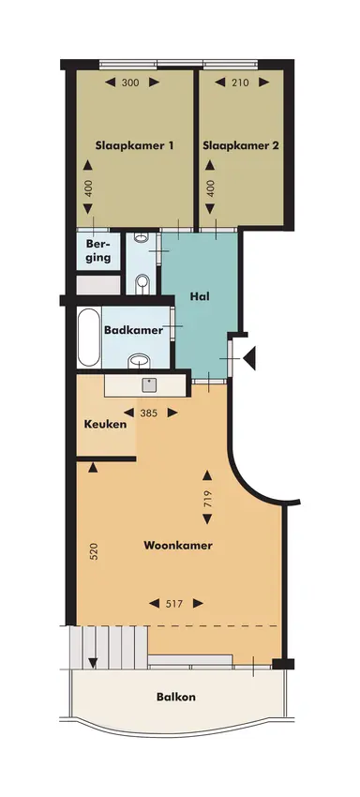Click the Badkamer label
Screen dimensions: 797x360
click(x=134, y=330)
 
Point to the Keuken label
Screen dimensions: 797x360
click(x=106, y=424)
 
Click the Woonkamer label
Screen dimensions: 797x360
click(x=177, y=545)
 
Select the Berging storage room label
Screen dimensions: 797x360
click(x=98, y=251)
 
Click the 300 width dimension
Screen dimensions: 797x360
click(x=130, y=83)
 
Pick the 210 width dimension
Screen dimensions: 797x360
click(x=239, y=83)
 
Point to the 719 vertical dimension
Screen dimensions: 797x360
click(x=206, y=501)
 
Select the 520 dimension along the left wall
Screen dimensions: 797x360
click(x=93, y=551)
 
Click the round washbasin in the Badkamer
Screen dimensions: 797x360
click(x=141, y=359)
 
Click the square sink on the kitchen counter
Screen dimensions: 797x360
click(x=148, y=383)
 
